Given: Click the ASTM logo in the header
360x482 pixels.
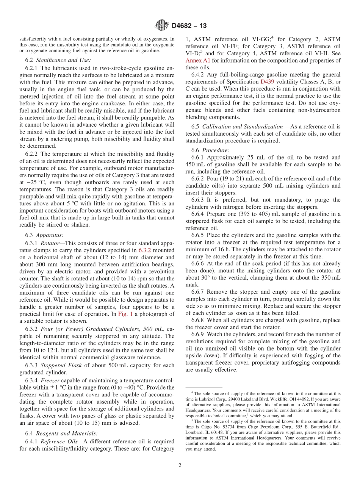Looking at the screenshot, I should pyautogui.click(x=162, y=26).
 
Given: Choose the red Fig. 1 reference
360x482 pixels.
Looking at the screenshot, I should pyautogui.click(x=125, y=314).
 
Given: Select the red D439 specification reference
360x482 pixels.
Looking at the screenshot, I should pyautogui.click(x=267, y=82).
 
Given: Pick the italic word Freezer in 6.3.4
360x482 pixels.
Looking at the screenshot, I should pyautogui.click(x=50, y=380).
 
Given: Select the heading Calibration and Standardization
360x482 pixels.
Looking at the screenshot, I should pyautogui.click(x=242, y=126).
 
